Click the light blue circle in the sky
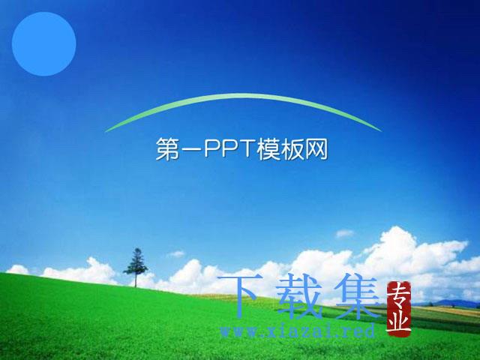(44, 43)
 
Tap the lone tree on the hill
(136, 267)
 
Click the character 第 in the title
(167, 149)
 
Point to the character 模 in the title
(268, 149)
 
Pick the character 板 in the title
(292, 149)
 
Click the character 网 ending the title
(316, 149)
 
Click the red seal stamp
(399, 309)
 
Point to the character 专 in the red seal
(399, 295)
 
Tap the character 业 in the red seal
(399, 322)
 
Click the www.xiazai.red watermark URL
(298, 331)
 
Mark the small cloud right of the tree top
(176, 253)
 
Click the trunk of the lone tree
(136, 281)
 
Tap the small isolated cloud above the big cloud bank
(345, 233)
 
